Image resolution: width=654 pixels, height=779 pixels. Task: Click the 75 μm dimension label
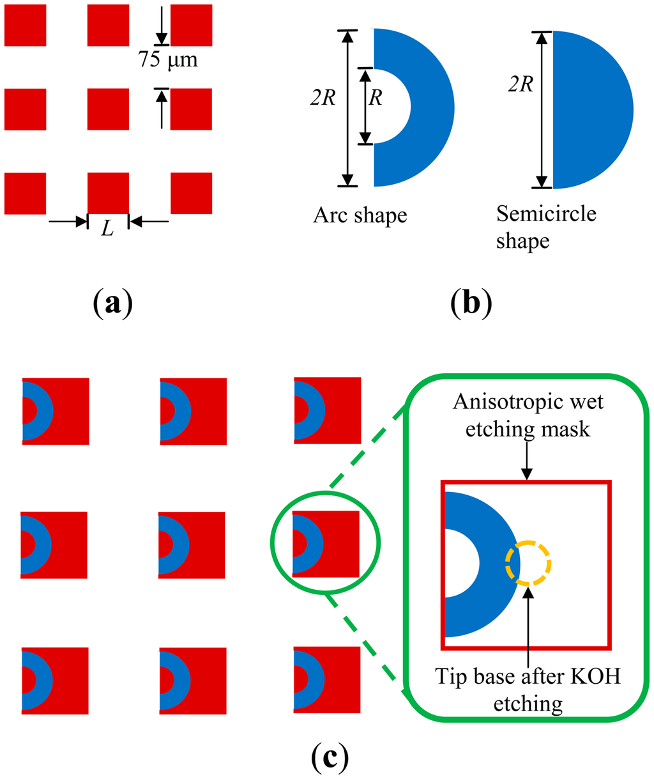pyautogui.click(x=167, y=61)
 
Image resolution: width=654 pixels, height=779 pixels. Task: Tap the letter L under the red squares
pyautogui.click(x=107, y=229)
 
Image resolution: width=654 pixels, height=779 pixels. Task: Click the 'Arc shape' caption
pyautogui.click(x=360, y=215)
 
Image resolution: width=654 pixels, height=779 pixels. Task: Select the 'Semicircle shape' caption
pyautogui.click(x=546, y=228)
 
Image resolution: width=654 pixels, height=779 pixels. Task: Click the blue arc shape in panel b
pyautogui.click(x=428, y=107)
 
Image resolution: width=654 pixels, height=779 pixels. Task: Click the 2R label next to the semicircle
pyautogui.click(x=521, y=83)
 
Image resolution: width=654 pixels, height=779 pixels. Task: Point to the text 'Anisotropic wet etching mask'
pyautogui.click(x=528, y=415)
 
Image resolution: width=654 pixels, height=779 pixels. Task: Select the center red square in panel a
pyautogui.click(x=108, y=109)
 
